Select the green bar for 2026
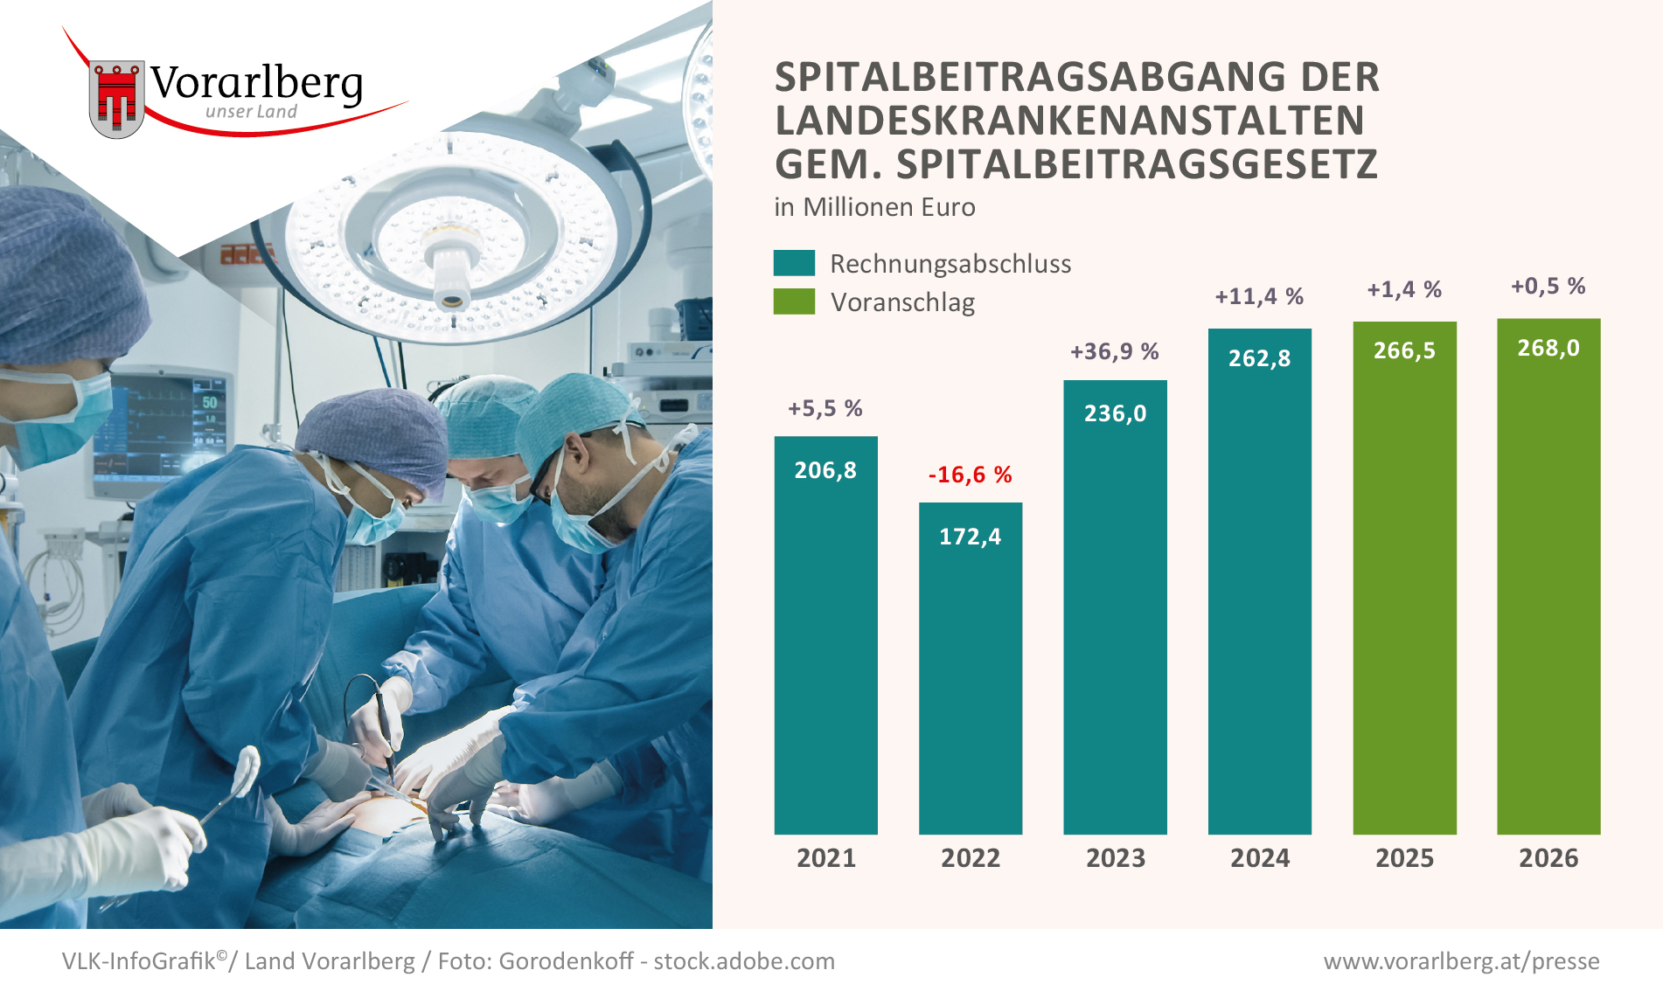1548,594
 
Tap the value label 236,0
1115,413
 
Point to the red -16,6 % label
970,475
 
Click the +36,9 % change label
1115,351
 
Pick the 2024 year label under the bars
1259,858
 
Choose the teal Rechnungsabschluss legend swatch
794,263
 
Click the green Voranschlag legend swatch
794,301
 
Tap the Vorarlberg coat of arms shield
116,99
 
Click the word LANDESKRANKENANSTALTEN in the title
1069,121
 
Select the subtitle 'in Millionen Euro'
874,207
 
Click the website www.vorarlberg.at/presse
1461,961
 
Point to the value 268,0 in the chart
1548,348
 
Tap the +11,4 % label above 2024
1259,296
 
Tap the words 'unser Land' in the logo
251,112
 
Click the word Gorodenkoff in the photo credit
566,961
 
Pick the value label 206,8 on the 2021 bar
825,470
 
